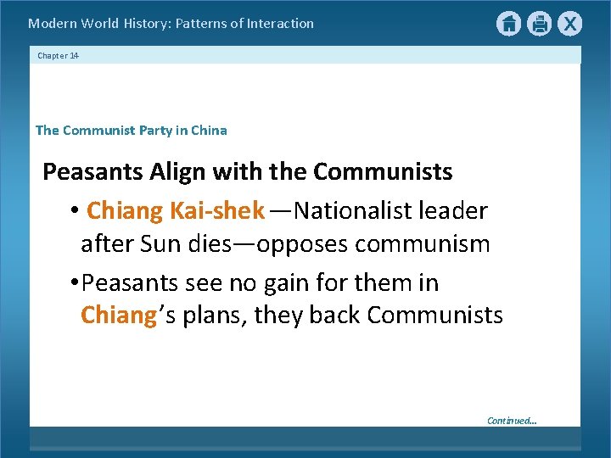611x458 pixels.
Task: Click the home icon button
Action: coord(508,24)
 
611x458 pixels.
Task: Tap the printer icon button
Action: coord(539,24)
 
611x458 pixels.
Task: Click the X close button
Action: coord(569,24)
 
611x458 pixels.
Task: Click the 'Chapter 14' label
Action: coord(58,56)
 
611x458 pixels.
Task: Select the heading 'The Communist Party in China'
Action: coord(132,131)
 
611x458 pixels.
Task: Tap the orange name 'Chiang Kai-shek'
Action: coord(176,209)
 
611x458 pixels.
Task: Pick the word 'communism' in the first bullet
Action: coord(423,245)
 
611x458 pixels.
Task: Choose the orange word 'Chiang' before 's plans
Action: coord(119,316)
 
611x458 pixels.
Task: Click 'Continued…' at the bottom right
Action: coord(512,421)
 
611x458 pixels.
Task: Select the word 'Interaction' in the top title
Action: coord(280,24)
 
